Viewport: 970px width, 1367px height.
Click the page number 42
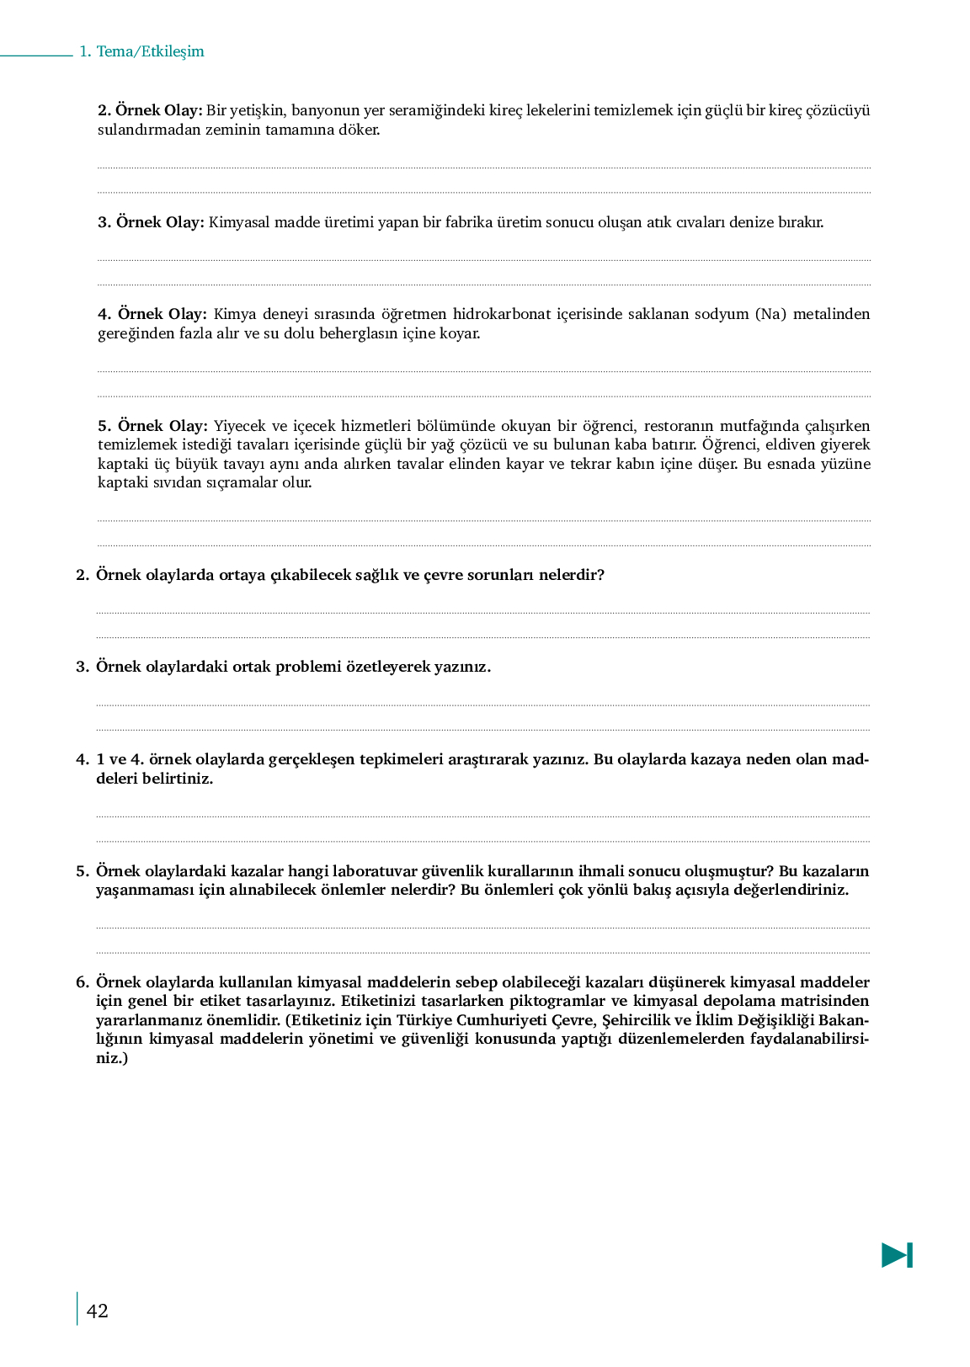98,1311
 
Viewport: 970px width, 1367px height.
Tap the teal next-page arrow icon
897,1255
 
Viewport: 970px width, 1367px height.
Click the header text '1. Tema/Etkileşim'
141,51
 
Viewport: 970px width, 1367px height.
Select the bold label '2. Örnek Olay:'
150,110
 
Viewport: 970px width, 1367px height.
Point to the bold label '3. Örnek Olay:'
151,222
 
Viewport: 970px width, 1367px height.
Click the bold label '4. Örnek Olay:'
152,314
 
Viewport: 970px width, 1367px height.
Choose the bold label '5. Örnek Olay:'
152,426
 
